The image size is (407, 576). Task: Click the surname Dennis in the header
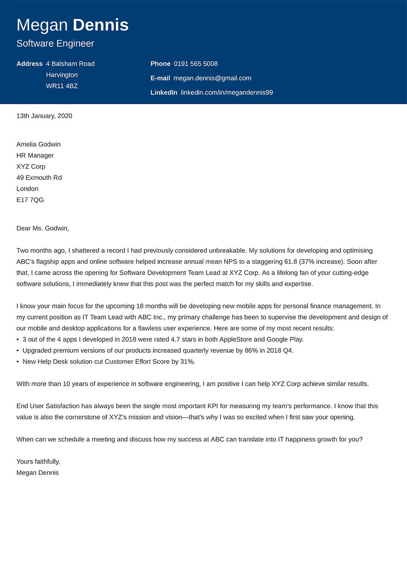100,25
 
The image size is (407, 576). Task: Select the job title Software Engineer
55,44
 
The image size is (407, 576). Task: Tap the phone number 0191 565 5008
196,64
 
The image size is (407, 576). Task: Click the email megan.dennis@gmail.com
212,78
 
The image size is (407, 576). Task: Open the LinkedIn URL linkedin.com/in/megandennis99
227,93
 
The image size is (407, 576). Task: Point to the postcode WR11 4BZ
62,86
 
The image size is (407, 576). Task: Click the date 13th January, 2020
44,116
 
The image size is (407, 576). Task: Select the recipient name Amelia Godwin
38,144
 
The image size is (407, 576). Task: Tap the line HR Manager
35,156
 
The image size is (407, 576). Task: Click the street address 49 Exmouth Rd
39,178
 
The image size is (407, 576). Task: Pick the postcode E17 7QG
30,200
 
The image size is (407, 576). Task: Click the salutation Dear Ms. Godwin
42,228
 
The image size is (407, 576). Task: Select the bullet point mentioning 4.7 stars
163,339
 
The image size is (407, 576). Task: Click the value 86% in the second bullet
251,351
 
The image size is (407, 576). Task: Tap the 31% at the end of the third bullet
187,362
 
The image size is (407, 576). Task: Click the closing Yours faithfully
38,461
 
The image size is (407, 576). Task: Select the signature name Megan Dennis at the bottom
38,473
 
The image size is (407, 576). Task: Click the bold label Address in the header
29,64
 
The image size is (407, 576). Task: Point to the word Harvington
62,75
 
